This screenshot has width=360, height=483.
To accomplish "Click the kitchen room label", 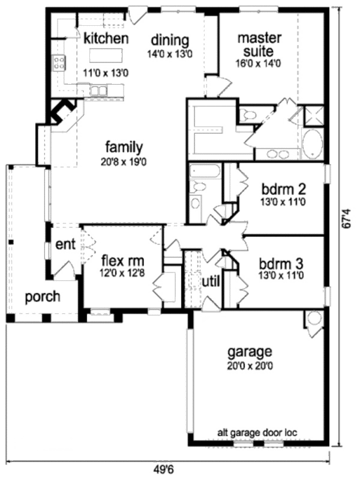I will click(106, 38).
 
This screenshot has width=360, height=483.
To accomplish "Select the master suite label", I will click(260, 44).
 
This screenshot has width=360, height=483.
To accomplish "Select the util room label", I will click(211, 281).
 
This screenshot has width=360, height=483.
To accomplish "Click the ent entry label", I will click(65, 244).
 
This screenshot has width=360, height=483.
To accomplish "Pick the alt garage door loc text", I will click(258, 432).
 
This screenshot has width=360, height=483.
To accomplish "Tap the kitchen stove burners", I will click(59, 62).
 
